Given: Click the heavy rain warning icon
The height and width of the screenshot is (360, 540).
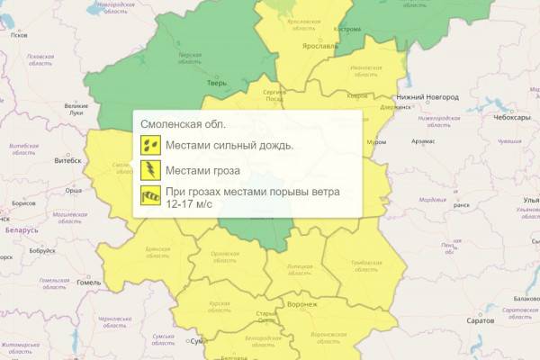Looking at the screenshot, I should [x=149, y=144].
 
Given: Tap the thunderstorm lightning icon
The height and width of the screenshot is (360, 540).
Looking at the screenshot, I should [x=149, y=169].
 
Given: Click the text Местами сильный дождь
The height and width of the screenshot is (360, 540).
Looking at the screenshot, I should [x=229, y=145].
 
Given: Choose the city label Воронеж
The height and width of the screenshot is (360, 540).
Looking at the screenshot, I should [x=301, y=304].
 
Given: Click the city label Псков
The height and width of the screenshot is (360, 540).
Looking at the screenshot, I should [x=18, y=34].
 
